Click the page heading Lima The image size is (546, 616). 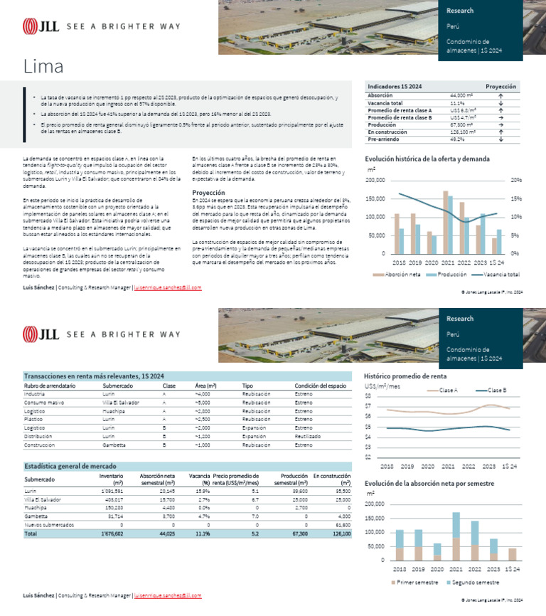pos(43,68)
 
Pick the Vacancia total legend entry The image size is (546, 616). pos(494,274)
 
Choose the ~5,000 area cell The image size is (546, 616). pos(202,402)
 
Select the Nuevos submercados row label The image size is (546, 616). pos(49,524)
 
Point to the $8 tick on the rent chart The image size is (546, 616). pos(368,396)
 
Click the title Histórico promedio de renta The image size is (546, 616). pos(405,376)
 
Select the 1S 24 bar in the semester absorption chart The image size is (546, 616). pos(512,554)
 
